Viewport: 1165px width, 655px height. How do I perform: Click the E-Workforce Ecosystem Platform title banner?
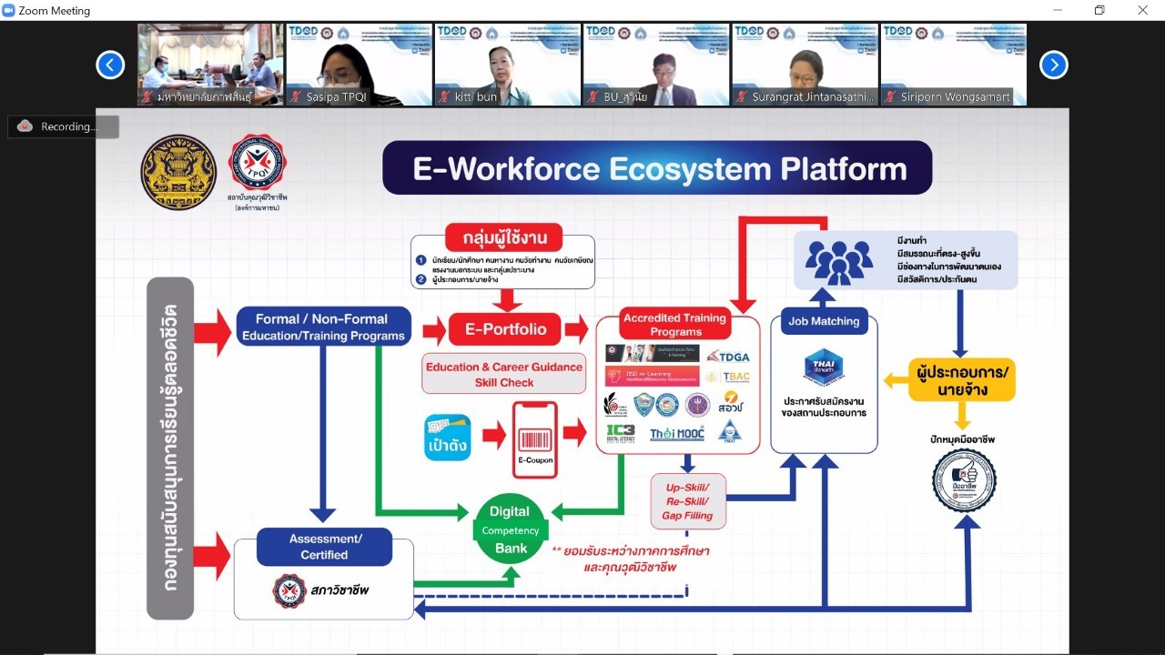657,168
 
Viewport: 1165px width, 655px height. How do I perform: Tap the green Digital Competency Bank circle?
511,529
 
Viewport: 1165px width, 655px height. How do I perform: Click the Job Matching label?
824,321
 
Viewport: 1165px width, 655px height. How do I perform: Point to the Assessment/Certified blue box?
324,547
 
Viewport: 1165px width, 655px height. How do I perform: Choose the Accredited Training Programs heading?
675,325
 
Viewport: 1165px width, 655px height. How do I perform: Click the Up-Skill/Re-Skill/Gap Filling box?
689,501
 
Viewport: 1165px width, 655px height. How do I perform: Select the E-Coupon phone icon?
535,439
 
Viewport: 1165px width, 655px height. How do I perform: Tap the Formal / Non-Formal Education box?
323,327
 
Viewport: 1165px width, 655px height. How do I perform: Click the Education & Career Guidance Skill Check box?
503,374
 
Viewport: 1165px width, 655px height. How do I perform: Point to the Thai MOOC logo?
676,434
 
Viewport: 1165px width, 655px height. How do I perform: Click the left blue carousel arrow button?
110,65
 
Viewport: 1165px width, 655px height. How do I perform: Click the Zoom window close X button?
1142,10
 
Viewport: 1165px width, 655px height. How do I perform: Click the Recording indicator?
64,126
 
